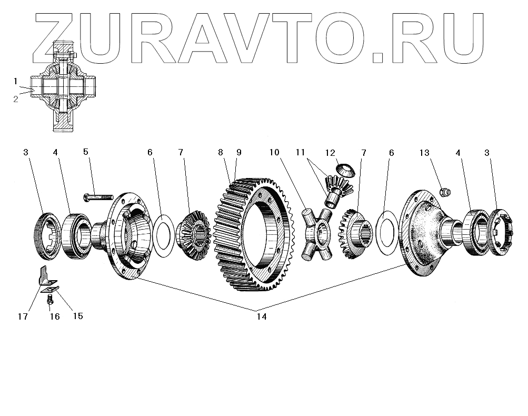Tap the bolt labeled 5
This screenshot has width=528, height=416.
point(98,197)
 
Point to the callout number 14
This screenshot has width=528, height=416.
point(261,316)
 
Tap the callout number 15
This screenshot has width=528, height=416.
point(77,316)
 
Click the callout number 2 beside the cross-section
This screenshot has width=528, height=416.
point(16,98)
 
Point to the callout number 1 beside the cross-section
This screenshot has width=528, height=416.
point(16,81)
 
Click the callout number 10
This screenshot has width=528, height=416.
point(273,153)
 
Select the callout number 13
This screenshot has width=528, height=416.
point(424,153)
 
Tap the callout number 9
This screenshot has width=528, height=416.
point(239,153)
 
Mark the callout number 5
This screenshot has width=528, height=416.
point(86,153)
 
